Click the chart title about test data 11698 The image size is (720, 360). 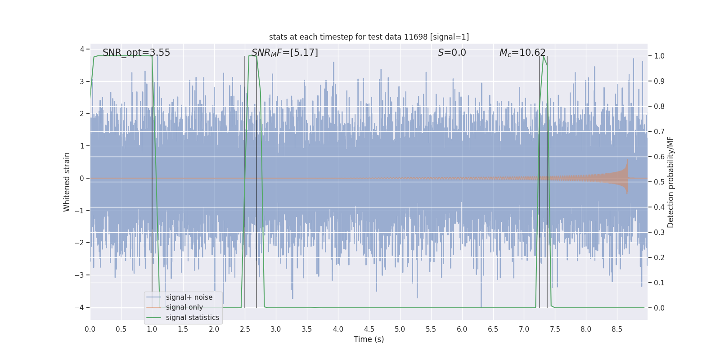(369, 37)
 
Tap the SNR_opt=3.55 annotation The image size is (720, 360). (136, 53)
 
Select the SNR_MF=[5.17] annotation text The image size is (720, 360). (284, 53)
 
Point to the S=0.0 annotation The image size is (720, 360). (452, 53)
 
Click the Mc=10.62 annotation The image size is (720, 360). (522, 53)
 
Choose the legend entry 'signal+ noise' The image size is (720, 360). (189, 297)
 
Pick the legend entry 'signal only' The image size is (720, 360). (184, 307)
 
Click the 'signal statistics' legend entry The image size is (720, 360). (192, 318)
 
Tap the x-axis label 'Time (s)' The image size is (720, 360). (369, 339)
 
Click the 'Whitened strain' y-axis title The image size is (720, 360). (67, 182)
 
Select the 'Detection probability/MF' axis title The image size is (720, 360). (670, 182)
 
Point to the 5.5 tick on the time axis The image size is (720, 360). (431, 329)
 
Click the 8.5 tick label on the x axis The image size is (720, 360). (616, 329)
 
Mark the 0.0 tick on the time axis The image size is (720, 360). (90, 329)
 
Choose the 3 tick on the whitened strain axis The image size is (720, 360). (82, 81)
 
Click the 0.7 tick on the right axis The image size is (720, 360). (659, 132)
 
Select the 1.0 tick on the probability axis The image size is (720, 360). (659, 56)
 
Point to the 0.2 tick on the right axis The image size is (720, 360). (659, 258)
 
